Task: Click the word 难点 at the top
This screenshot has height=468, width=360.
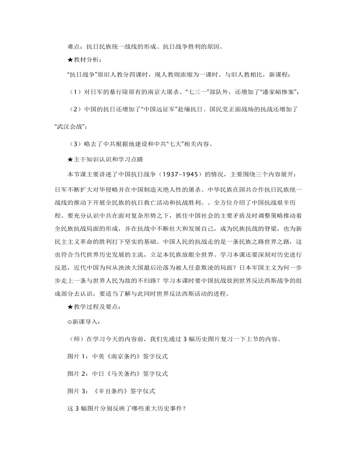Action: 74,46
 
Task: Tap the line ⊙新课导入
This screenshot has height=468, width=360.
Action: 86,322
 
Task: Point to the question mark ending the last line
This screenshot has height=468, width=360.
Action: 185,409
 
